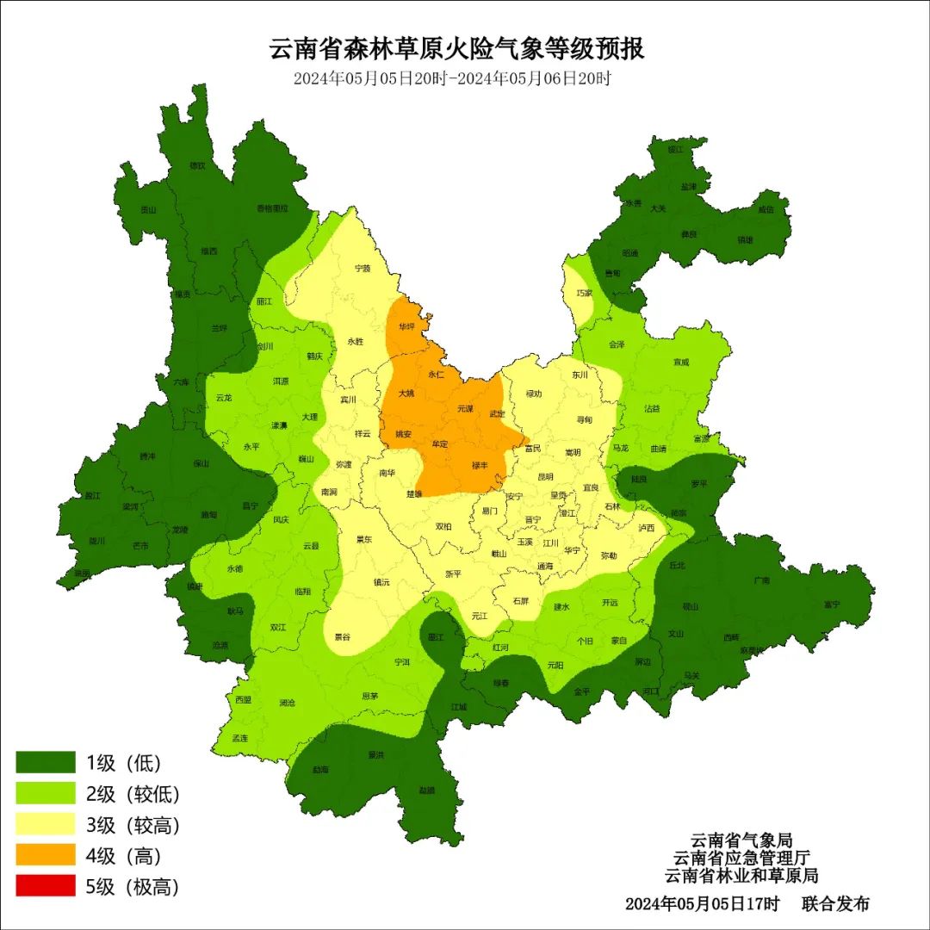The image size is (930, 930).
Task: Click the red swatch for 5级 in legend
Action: [x=46, y=885]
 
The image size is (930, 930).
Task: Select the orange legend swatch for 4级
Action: [x=46, y=855]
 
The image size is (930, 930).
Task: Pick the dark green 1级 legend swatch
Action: [x=46, y=762]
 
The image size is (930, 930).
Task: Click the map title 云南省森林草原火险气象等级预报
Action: [x=457, y=48]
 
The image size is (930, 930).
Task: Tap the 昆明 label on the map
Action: [x=546, y=476]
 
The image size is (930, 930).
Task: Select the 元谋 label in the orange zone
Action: [x=465, y=407]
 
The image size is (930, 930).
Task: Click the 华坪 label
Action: [x=406, y=326]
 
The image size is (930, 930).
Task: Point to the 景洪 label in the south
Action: [x=375, y=755]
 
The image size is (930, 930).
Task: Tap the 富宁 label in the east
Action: [x=831, y=604]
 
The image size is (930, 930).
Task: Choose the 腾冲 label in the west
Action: [x=147, y=457]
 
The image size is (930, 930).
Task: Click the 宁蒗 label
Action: [x=363, y=268]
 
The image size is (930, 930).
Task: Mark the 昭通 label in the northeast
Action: [x=631, y=253]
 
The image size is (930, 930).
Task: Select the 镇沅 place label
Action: [x=381, y=582]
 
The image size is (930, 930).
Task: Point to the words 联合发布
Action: [x=835, y=903]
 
